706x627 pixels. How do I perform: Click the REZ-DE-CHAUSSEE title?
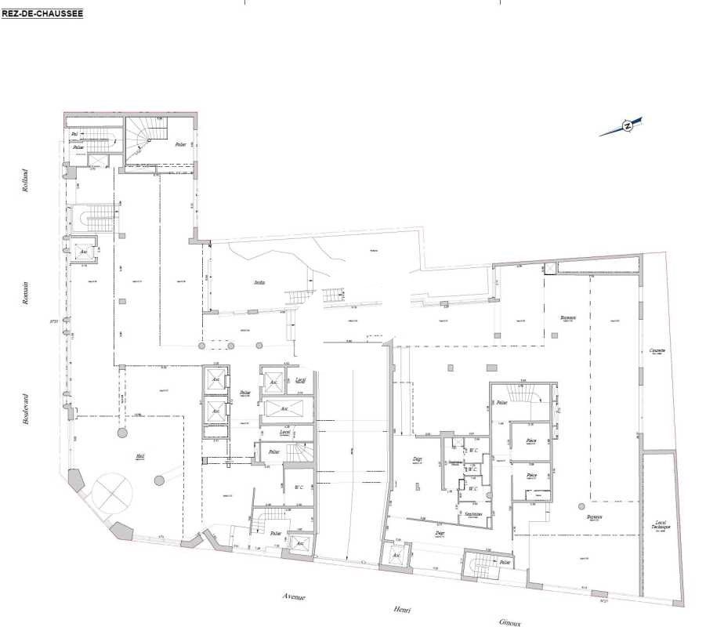pyautogui.click(x=42, y=13)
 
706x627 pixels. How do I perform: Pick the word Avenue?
pyautogui.click(x=295, y=597)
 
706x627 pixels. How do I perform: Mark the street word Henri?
pyautogui.click(x=404, y=610)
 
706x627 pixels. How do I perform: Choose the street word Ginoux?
pyautogui.click(x=511, y=622)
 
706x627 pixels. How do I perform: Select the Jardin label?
pyautogui.click(x=259, y=282)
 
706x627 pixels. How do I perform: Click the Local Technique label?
pyautogui.click(x=659, y=526)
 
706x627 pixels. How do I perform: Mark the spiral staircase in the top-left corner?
pyautogui.click(x=145, y=138)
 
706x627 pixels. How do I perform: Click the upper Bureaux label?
pyautogui.click(x=568, y=317)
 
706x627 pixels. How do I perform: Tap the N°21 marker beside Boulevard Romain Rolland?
pyautogui.click(x=55, y=320)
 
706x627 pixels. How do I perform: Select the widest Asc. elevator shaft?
pyautogui.click(x=287, y=409)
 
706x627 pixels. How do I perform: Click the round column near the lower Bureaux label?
pyautogui.click(x=579, y=506)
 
